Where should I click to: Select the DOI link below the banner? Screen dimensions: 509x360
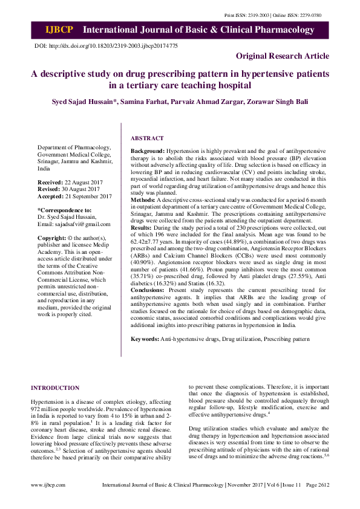(106, 46)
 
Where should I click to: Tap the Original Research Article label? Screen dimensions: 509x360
(283, 56)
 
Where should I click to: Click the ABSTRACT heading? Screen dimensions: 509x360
(147, 138)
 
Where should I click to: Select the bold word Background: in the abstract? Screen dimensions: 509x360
(148, 149)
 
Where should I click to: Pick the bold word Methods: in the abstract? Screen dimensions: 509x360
(143, 199)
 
